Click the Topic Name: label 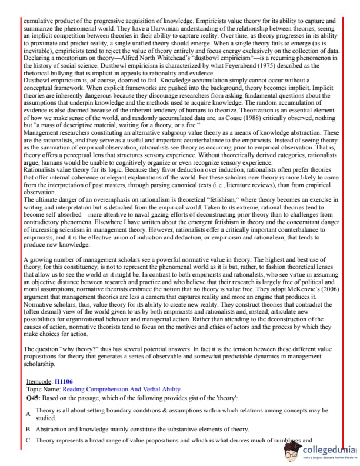pos(44,389)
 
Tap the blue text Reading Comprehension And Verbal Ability pos(113,389)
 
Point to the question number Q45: pos(33,398)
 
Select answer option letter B pos(28,429)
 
